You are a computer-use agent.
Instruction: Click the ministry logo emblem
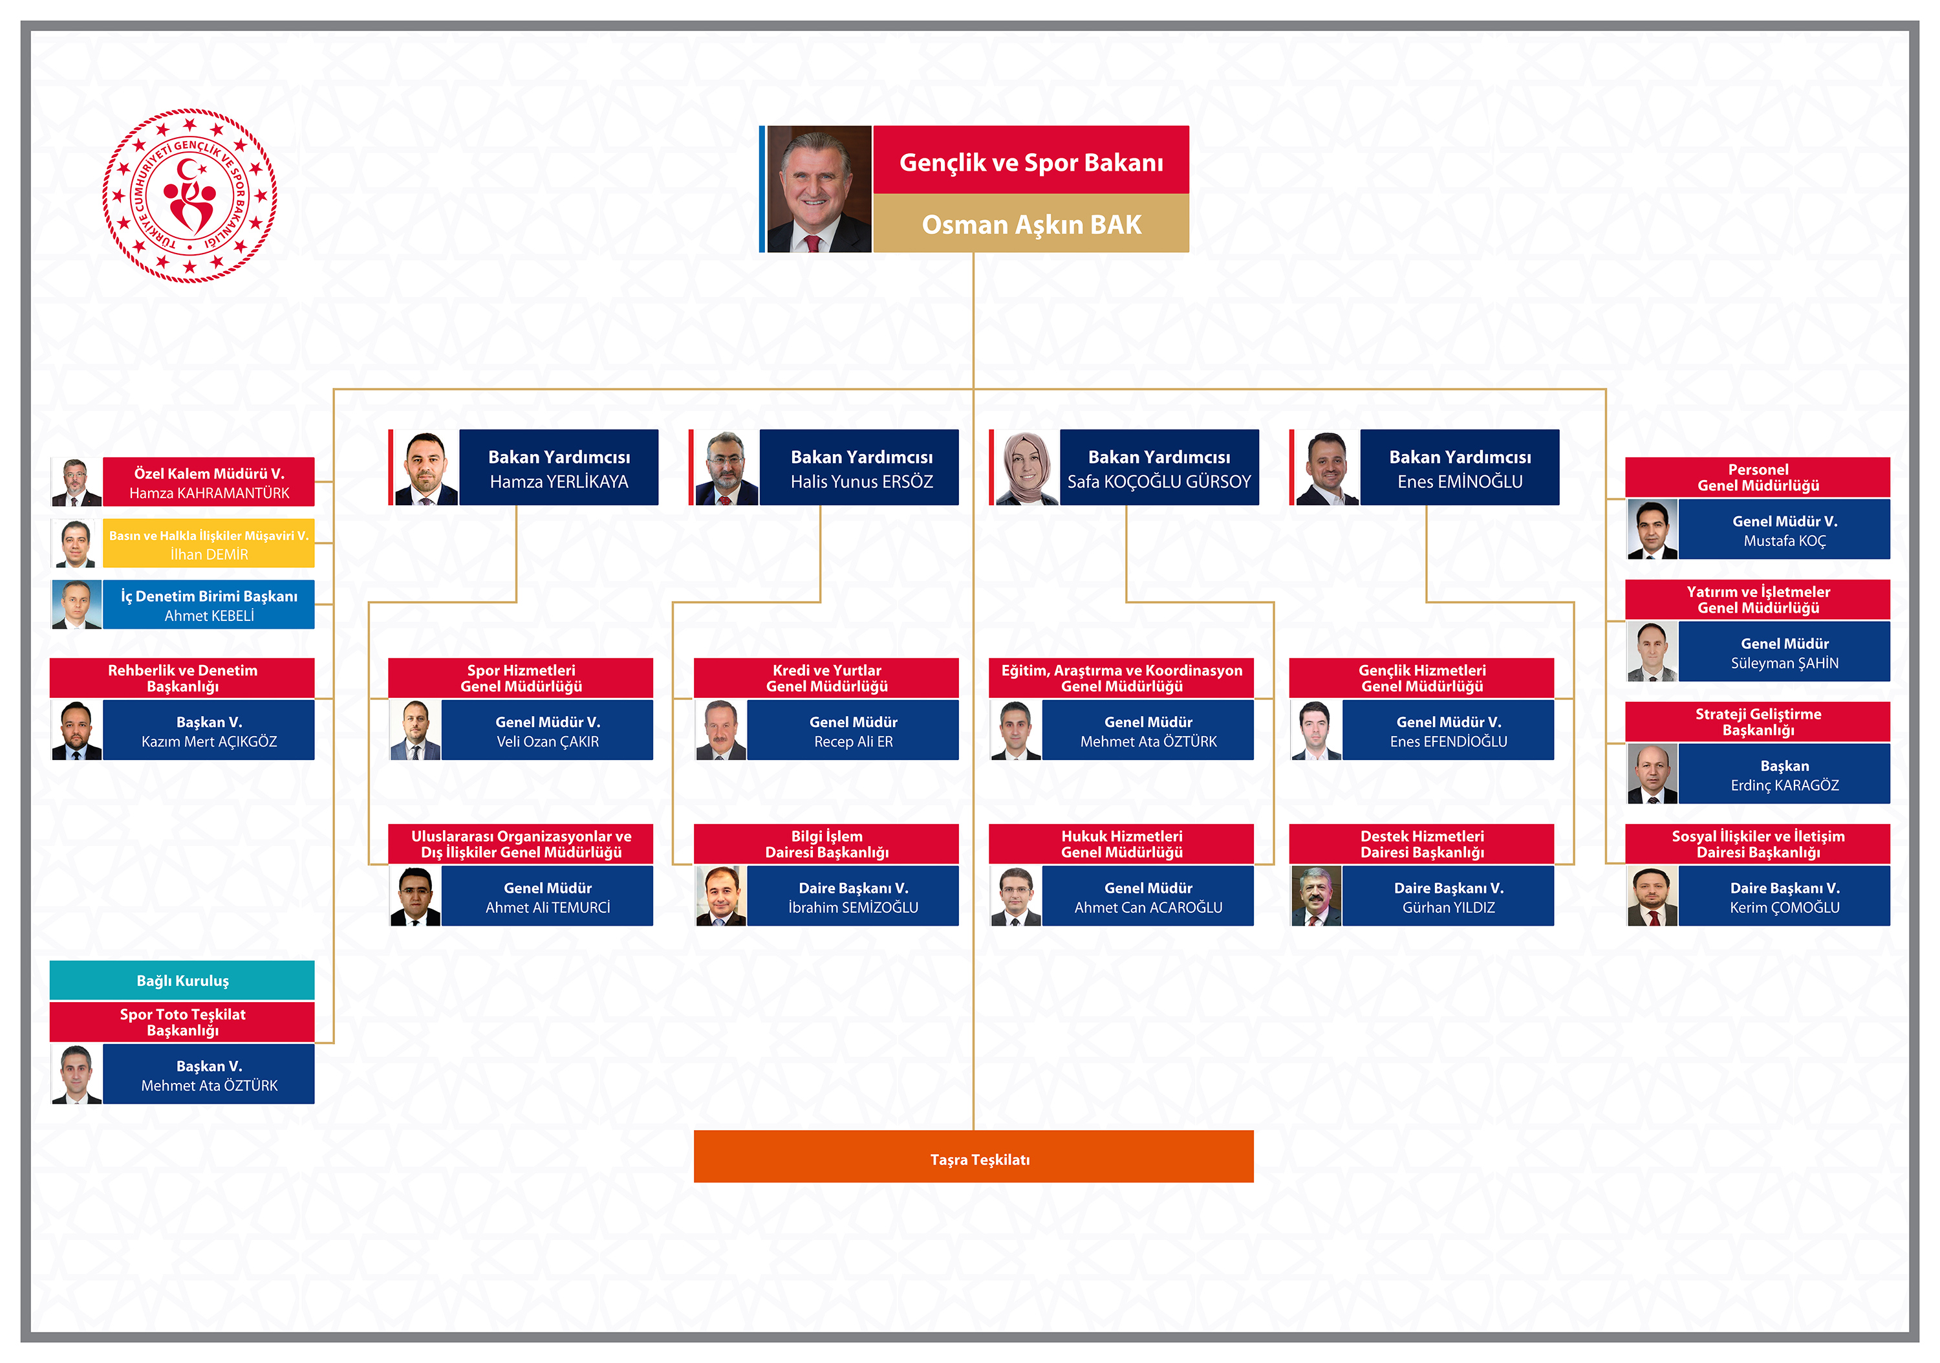(190, 196)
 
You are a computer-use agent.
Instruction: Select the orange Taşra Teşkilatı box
(973, 1156)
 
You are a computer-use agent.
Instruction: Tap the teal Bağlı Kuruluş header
(182, 980)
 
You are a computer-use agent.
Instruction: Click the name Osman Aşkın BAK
(1031, 224)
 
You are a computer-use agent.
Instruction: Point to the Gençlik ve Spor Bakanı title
(1031, 162)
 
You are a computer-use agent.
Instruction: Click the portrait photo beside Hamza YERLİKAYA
(426, 468)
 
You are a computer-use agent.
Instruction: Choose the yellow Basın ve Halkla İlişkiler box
(209, 543)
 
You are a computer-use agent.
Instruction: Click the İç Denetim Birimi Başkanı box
(209, 605)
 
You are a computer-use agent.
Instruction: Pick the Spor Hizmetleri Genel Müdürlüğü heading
(521, 679)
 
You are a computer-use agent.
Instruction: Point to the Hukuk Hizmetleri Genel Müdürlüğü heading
(1121, 844)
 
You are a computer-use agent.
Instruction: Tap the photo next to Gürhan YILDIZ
(1315, 897)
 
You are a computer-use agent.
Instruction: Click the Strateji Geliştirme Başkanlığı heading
(1758, 722)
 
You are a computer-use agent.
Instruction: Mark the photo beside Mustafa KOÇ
(1652, 530)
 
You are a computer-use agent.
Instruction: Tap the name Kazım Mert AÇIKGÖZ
(209, 742)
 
